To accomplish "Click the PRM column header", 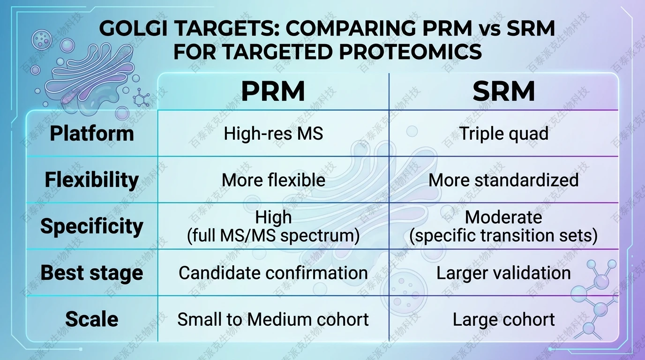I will click(273, 91).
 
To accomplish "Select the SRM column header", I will click(503, 91).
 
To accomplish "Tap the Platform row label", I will click(92, 134).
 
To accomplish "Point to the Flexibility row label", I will click(92, 180).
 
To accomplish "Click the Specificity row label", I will click(92, 226).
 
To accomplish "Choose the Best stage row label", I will click(92, 273).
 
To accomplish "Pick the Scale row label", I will click(92, 319).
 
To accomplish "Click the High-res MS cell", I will click(273, 134).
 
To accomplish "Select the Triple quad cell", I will click(503, 134).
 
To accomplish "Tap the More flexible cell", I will click(273, 180).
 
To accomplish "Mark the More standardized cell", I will click(503, 180).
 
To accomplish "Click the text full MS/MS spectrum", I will click(273, 236).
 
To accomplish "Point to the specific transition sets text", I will click(503, 236).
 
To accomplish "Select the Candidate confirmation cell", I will click(273, 273).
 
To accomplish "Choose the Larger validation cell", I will click(503, 273).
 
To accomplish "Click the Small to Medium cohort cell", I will click(273, 319).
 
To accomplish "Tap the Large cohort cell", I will click(503, 319).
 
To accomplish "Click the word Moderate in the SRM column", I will click(503, 217).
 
